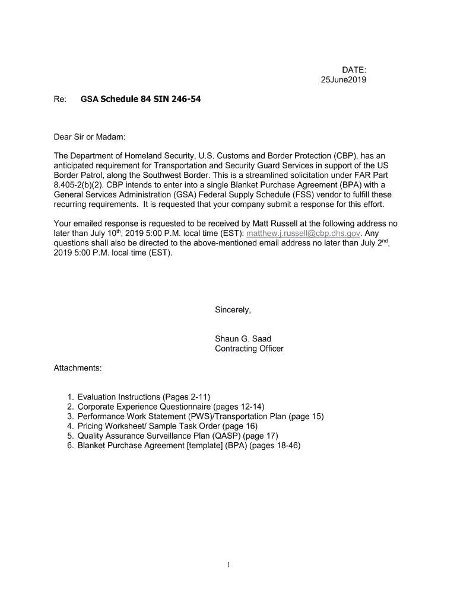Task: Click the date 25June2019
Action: pyautogui.click(x=339, y=80)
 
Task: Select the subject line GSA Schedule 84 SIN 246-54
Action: pyautogui.click(x=141, y=99)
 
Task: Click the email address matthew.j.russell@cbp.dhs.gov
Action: pyautogui.click(x=303, y=234)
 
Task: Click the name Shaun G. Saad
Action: pyautogui.click(x=243, y=339)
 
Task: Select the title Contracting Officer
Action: pyautogui.click(x=249, y=349)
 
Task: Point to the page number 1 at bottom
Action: pyautogui.click(x=228, y=565)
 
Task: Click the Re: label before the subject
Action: pyautogui.click(x=59, y=99)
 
